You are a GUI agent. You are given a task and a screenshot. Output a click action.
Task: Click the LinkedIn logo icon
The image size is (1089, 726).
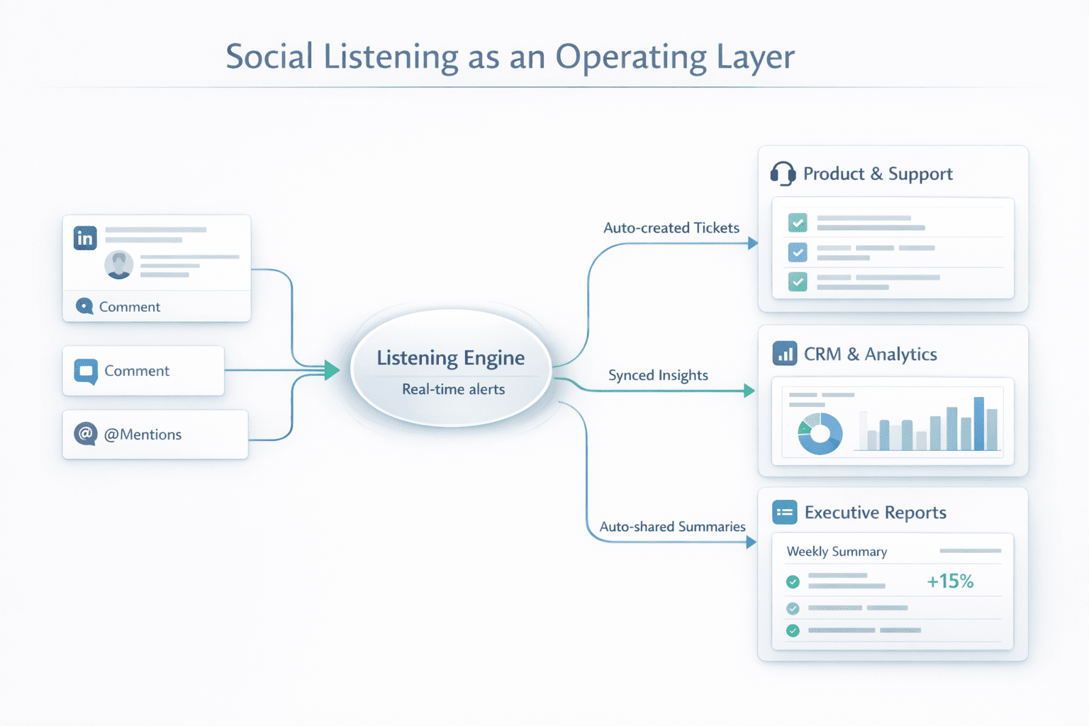click(85, 238)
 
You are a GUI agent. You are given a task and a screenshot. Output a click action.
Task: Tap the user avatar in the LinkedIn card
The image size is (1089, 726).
click(118, 264)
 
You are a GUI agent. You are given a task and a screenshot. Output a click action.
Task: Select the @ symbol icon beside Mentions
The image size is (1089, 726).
click(86, 433)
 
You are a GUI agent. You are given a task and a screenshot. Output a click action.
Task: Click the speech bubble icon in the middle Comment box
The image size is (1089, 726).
click(86, 371)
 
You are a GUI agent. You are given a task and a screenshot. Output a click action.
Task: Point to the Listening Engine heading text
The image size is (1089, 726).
click(450, 358)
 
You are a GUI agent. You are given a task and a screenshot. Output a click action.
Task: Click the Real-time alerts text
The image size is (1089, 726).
click(453, 389)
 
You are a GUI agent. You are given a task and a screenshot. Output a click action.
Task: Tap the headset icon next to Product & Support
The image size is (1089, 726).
click(783, 174)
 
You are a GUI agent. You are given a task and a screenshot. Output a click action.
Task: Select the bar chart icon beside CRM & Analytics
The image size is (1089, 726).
click(784, 353)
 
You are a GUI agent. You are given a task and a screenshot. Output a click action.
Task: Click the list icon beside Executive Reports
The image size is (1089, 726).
click(784, 512)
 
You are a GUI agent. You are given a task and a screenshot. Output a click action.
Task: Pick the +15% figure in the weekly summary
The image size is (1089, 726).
click(950, 581)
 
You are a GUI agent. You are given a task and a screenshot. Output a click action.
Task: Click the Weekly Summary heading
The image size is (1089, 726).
click(837, 552)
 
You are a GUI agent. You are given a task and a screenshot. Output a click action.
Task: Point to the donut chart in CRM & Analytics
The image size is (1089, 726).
click(820, 433)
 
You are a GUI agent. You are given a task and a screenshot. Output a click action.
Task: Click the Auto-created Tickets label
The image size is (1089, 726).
click(671, 228)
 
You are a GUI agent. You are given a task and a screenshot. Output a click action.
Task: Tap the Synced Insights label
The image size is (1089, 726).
click(658, 375)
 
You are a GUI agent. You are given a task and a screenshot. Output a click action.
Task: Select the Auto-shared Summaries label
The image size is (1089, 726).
click(672, 527)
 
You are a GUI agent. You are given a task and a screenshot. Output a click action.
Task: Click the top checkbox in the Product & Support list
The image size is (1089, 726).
click(798, 223)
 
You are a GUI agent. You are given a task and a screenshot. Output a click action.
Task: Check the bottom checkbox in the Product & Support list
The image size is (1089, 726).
click(798, 281)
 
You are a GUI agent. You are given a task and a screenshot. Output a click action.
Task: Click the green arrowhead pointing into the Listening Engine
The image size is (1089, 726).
click(332, 370)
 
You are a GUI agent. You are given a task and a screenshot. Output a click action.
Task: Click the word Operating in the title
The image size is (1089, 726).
click(631, 57)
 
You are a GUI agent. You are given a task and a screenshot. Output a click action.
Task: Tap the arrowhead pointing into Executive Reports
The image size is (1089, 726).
click(752, 542)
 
